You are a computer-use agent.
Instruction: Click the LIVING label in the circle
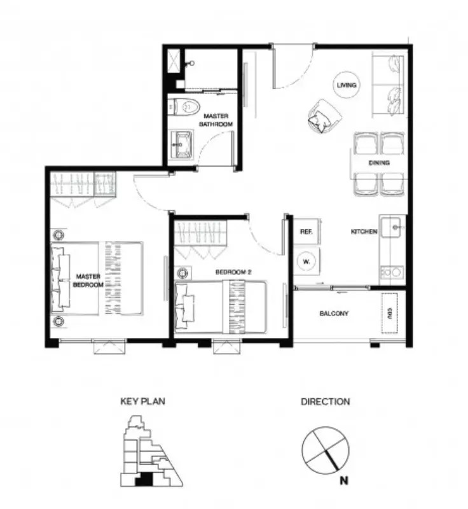[347, 85]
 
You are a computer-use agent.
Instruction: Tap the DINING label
[379, 163]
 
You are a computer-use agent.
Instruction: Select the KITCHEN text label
[364, 232]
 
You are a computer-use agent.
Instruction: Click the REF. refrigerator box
[306, 232]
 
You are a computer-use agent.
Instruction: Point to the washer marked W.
[306, 261]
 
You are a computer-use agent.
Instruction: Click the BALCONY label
[334, 313]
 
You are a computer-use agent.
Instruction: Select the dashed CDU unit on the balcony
[389, 312]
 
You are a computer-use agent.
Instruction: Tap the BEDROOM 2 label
[233, 272]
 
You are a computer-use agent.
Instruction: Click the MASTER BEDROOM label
[88, 281]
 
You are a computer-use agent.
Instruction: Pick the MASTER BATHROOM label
[216, 120]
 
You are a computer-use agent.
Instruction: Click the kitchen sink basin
[393, 227]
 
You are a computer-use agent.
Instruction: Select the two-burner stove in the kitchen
[392, 272]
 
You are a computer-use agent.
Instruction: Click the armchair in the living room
[324, 116]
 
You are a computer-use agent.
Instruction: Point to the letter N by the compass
[344, 480]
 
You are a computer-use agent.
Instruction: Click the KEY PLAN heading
[142, 401]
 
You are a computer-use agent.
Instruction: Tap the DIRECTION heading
[326, 401]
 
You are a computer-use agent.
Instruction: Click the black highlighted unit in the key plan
[144, 480]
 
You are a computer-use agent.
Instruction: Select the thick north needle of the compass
[332, 460]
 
